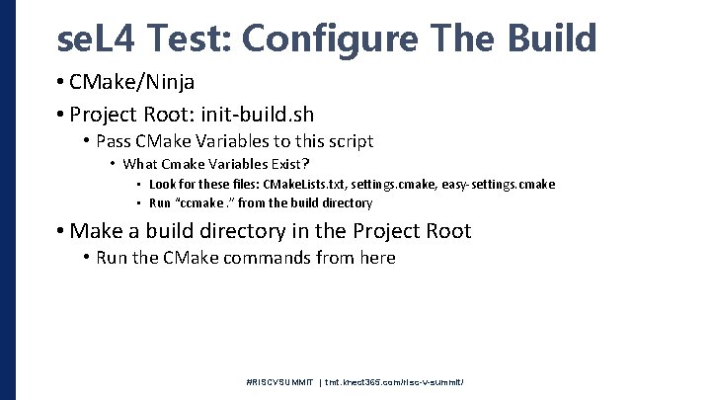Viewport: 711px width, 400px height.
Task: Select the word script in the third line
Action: pos(350,141)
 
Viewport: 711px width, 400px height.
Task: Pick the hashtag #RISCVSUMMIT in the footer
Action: pos(279,382)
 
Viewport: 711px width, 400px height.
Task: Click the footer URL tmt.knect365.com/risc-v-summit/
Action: pos(395,382)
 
